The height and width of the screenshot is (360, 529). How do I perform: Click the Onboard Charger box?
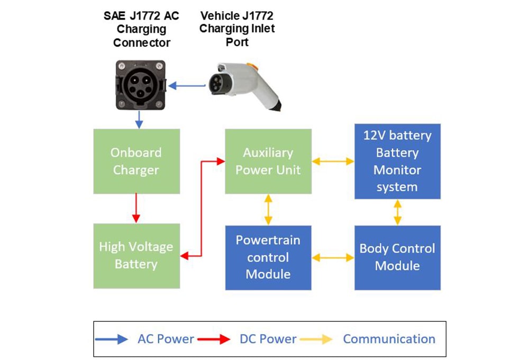click(136, 161)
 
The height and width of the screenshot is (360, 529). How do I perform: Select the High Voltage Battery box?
click(136, 256)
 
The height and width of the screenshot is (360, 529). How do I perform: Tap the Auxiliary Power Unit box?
click(268, 161)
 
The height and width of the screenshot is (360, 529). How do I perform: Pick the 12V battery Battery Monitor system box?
click(397, 161)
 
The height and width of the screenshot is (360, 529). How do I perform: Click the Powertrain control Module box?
click(268, 257)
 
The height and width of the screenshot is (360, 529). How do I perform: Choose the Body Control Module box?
click(397, 257)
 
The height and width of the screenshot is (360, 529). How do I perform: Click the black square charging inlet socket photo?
click(140, 85)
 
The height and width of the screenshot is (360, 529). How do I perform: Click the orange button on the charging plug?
click(254, 66)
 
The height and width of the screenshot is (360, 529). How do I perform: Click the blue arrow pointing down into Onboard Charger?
click(139, 119)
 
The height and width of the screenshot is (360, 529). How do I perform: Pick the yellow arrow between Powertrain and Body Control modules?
click(333, 257)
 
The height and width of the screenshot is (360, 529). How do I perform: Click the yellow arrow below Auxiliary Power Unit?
click(268, 209)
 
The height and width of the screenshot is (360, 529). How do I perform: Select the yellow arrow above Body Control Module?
click(397, 212)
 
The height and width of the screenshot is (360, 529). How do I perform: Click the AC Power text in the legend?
click(166, 339)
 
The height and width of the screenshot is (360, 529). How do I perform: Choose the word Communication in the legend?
click(389, 339)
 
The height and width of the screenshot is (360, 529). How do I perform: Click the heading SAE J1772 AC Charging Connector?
click(141, 29)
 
